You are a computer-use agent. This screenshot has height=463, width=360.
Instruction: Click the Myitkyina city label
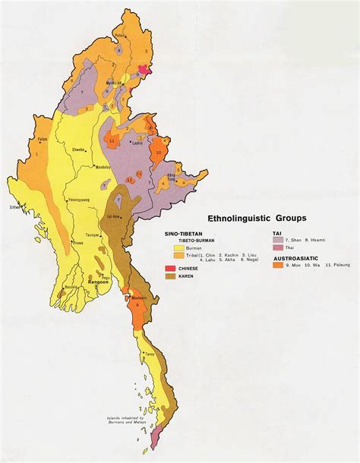115,83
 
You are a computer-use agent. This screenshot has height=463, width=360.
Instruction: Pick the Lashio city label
137,143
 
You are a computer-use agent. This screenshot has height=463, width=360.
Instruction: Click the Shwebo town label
77,150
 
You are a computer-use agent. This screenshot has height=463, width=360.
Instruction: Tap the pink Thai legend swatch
279,247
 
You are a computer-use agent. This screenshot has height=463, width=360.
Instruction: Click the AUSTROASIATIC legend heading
298,257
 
